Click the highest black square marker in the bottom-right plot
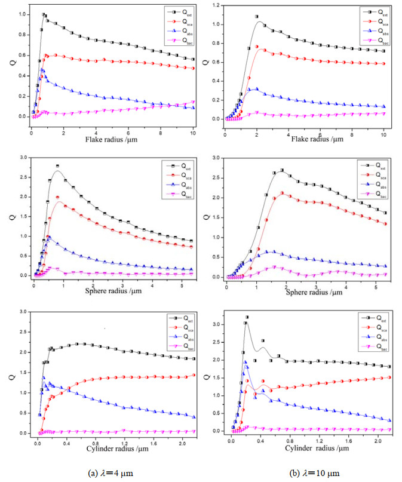(247, 317)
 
